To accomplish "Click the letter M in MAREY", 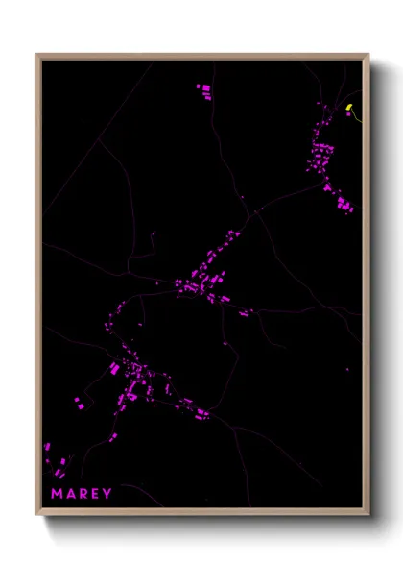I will pos(57,494).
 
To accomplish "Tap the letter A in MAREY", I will pos(70,494).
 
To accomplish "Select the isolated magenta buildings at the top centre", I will pos(204,90).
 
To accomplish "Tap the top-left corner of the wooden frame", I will pos(36,55).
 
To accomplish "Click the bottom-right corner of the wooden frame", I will pos(368,515).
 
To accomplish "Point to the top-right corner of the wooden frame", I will pos(368,55).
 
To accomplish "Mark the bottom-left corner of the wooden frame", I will pos(36,515).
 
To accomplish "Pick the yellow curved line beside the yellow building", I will pos(356,116).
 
